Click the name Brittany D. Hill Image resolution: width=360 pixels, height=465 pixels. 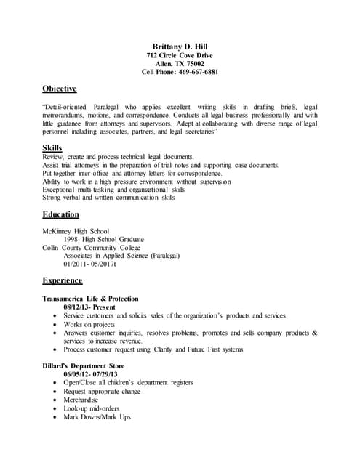tap(180, 46)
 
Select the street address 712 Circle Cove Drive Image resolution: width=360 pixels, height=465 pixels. tap(180, 55)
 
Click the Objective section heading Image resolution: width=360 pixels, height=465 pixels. tap(60, 89)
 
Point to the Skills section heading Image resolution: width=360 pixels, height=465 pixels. tap(52, 147)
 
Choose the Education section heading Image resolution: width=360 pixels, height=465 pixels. tap(61, 214)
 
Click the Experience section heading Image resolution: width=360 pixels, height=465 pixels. tap(63, 280)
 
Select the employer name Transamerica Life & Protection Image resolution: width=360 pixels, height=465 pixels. tap(90, 299)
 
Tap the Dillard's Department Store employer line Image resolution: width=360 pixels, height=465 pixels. tap(84, 365)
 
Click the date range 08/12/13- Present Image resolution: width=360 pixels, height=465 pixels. tap(89, 307)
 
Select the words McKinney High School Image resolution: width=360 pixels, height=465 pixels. tap(76, 231)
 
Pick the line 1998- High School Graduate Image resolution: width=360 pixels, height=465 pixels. tap(104, 239)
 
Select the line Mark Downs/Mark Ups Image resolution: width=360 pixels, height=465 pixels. tap(97, 417)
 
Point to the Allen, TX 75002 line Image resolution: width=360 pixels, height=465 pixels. tap(180, 63)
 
